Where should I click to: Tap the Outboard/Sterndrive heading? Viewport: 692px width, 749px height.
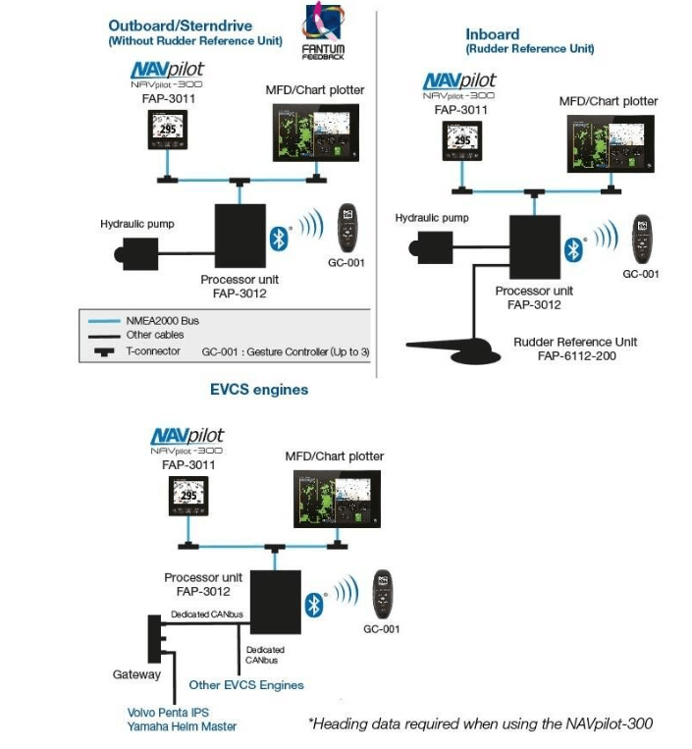[193, 26]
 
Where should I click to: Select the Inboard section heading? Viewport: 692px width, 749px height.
[492, 34]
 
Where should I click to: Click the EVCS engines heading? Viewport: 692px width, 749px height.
[259, 390]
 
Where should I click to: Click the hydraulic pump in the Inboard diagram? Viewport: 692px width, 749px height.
[431, 241]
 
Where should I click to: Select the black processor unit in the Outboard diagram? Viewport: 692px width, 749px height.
[240, 229]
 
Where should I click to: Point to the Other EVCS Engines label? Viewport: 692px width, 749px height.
[246, 685]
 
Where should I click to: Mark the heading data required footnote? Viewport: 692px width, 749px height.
[480, 724]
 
